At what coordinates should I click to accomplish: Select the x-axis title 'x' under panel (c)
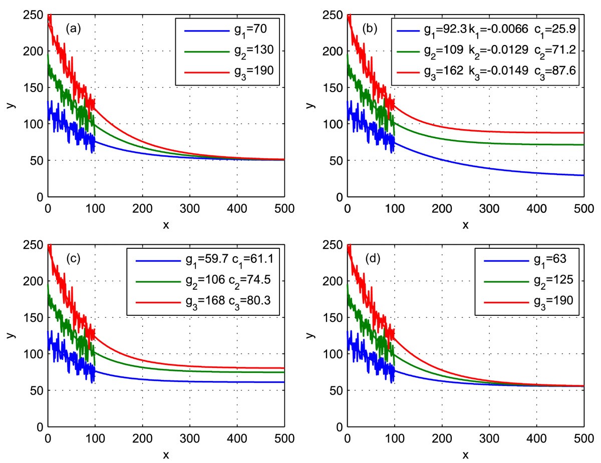tap(166, 453)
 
